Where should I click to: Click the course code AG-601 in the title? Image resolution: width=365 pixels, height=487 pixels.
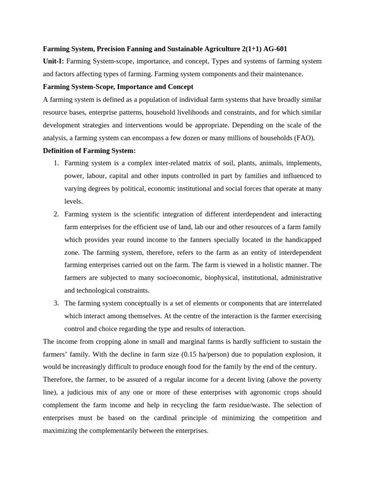pos(276,49)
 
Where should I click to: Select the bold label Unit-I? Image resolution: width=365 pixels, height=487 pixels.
pos(53,61)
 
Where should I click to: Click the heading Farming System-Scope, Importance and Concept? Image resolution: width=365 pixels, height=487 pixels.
pos(118,87)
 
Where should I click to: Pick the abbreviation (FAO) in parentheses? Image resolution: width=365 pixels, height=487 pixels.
pos(304,138)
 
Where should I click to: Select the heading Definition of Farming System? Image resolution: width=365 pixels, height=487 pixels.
pos(89,151)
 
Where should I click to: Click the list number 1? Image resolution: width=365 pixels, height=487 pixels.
pos(56,163)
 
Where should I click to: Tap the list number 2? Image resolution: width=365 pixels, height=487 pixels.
pos(56,214)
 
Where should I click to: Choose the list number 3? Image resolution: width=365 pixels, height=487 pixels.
pos(56,303)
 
